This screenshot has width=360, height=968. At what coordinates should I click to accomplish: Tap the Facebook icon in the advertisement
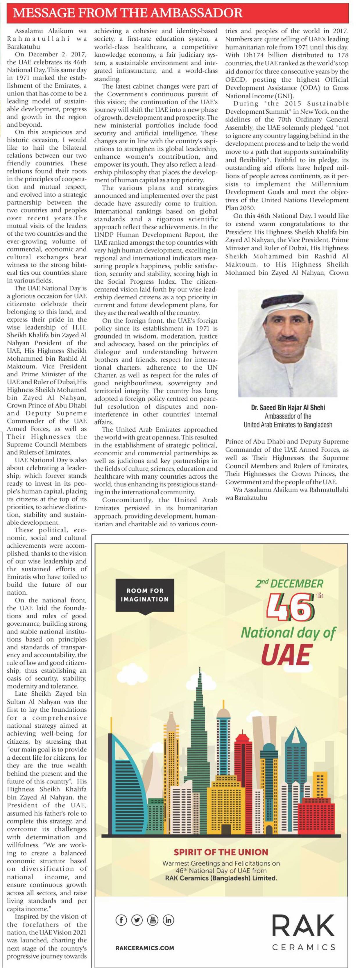click(121, 920)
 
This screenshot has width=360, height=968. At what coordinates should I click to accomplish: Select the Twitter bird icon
click(137, 920)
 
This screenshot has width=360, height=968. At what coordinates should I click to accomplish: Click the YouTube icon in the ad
click(153, 920)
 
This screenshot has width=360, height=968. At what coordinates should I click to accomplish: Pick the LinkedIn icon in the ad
click(168, 920)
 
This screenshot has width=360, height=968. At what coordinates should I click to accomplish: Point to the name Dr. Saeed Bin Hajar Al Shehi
click(288, 408)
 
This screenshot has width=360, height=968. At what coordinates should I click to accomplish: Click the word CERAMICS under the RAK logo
click(303, 948)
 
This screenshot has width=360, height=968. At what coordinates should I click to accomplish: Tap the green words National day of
click(287, 632)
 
